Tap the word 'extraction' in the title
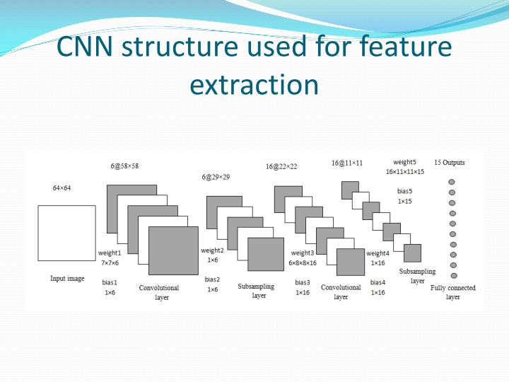coord(255,84)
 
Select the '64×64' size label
coord(62,188)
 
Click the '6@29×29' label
coord(216,177)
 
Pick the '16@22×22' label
coord(281,166)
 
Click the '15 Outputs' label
coord(450,162)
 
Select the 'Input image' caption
coord(67,279)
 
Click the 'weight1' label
coord(110,253)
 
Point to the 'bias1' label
coord(110,282)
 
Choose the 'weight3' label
coord(302,253)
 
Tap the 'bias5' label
coord(404,190)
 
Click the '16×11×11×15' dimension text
coord(405,172)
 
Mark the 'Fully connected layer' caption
coord(452,292)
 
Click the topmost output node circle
coord(452,182)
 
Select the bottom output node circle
coord(454,275)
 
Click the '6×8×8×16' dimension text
coord(303,262)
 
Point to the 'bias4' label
coord(378,282)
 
